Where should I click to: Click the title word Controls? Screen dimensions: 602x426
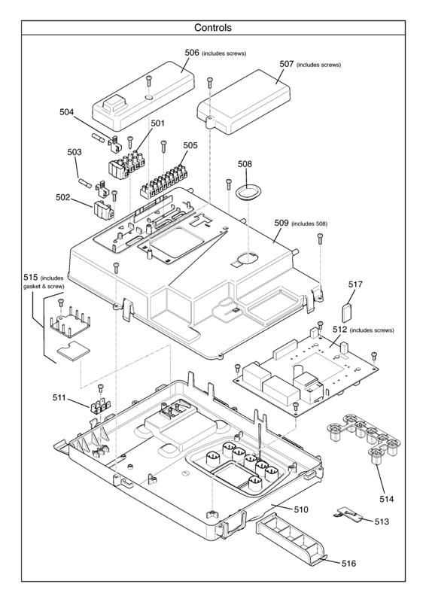[213, 28]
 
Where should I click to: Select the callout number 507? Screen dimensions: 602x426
[286, 65]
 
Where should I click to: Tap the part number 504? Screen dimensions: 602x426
[68, 112]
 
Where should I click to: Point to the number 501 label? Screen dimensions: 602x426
[157, 123]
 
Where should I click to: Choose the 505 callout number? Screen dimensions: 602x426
[190, 146]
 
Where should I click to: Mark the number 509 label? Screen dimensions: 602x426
[281, 223]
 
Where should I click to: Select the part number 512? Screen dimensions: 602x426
[339, 330]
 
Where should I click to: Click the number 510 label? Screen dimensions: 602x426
[300, 509]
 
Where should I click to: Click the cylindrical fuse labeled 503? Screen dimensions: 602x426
[85, 183]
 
